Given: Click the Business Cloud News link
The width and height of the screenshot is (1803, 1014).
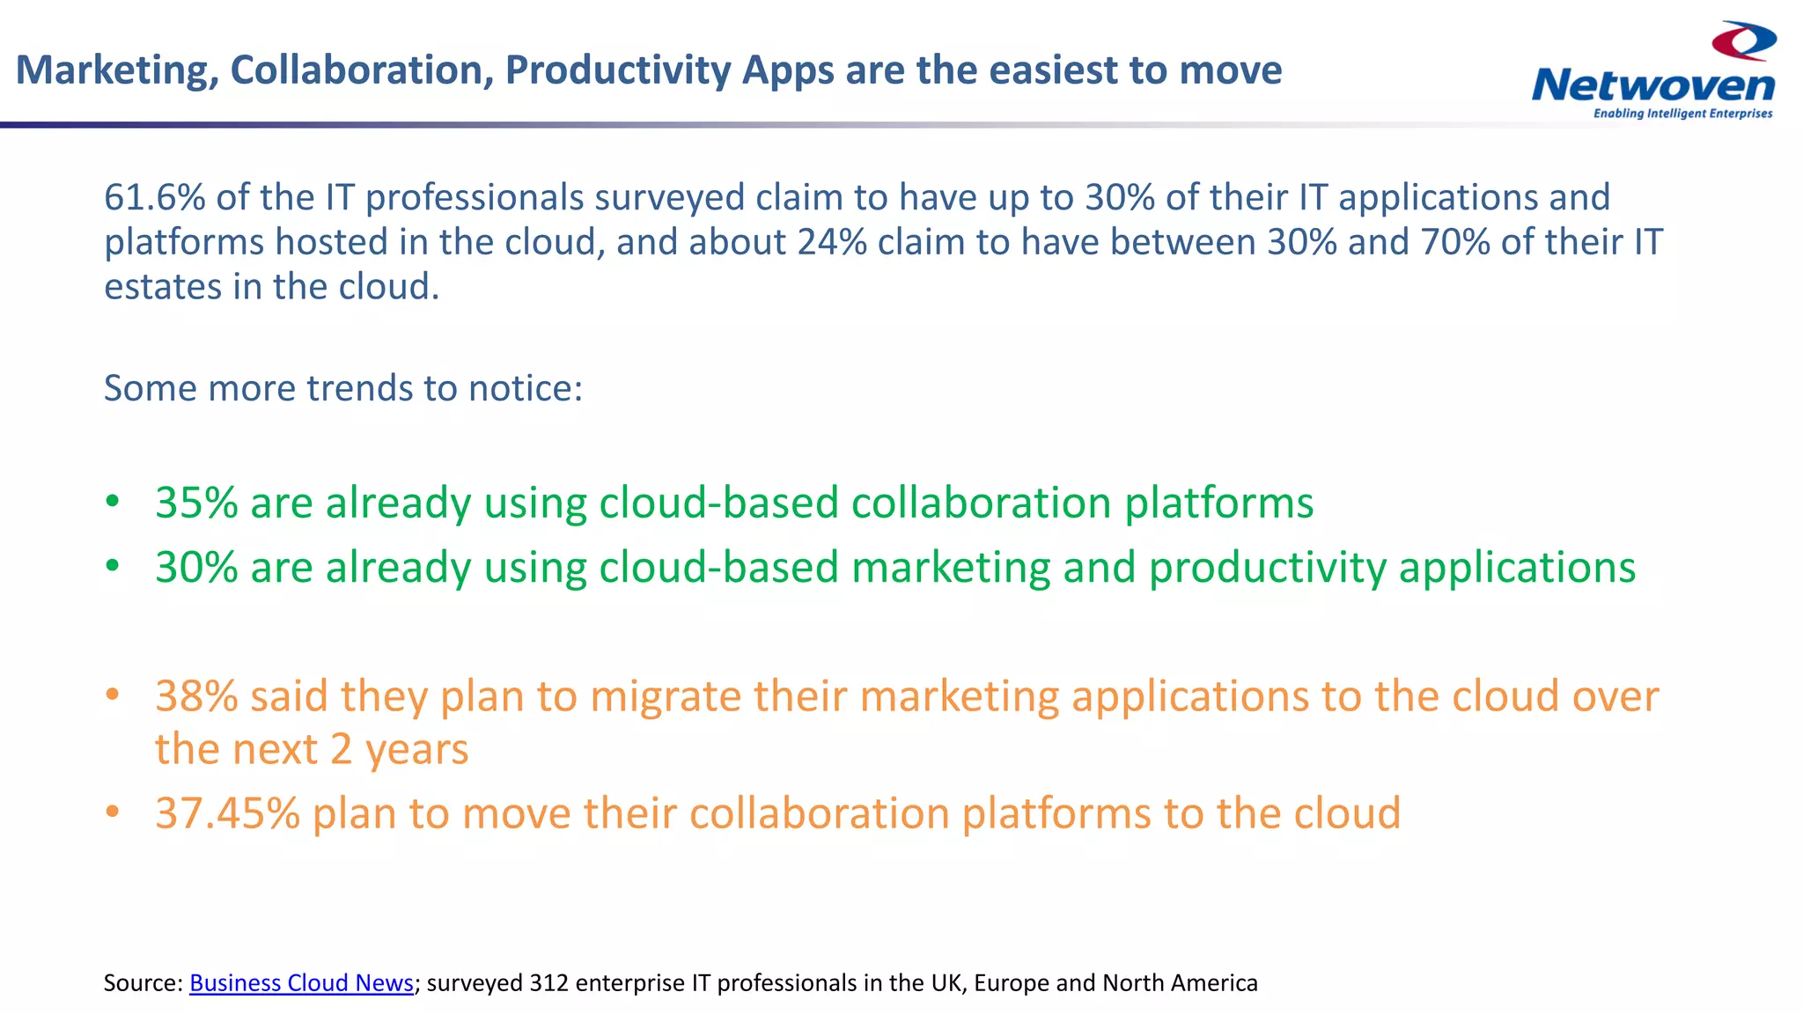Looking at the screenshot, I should point(301,982).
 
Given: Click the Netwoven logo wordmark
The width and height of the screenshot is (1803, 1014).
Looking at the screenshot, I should point(1652,86).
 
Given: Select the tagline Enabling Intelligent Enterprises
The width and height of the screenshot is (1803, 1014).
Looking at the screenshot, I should point(1682,114).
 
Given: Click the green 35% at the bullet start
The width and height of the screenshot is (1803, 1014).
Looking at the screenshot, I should point(196,503).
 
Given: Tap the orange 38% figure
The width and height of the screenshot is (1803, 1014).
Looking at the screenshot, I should point(196,696).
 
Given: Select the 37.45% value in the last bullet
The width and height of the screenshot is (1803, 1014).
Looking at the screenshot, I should point(227,813).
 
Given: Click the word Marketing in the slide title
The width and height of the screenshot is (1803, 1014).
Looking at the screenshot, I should point(117,70).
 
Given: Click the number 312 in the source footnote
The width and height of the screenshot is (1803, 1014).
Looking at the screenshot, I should point(548,982).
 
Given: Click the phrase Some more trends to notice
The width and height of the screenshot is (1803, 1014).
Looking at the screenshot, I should point(343,388).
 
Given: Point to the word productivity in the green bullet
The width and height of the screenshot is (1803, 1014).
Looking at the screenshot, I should point(1268,568).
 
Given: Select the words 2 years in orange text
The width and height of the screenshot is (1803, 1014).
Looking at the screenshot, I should point(399,749).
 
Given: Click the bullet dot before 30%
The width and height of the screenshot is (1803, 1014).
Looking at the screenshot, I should point(112,567).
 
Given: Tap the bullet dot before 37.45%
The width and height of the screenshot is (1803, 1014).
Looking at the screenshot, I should point(112,812).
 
